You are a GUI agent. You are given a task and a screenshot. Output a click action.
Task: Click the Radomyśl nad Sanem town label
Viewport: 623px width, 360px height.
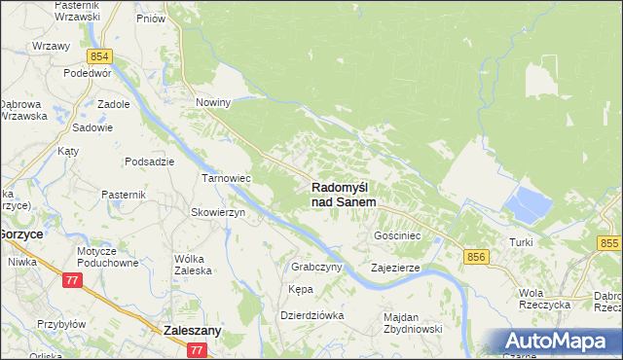[345, 194]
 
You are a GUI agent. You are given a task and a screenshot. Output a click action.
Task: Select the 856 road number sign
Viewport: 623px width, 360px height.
[476, 256]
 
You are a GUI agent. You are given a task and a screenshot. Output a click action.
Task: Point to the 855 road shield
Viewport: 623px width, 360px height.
[609, 243]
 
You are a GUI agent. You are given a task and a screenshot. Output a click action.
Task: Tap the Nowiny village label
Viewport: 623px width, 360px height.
[212, 102]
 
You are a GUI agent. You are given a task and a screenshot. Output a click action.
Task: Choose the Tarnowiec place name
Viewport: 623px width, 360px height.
[226, 179]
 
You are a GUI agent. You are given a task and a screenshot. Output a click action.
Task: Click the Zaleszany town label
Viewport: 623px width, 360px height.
[193, 330]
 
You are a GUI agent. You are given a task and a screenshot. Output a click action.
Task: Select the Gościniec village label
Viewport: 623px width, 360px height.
[397, 235]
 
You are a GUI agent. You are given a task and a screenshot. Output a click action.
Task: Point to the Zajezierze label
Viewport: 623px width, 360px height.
[395, 267]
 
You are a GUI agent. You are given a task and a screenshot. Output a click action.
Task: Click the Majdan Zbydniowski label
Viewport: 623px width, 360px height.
[413, 323]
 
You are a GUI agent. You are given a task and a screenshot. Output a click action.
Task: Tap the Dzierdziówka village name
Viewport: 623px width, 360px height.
[312, 314]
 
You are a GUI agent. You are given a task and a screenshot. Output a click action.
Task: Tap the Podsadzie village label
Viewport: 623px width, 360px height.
[149, 162]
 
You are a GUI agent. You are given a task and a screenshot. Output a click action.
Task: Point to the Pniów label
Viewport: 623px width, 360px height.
[150, 18]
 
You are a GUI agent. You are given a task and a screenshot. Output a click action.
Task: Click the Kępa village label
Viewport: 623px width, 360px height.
[300, 290]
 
